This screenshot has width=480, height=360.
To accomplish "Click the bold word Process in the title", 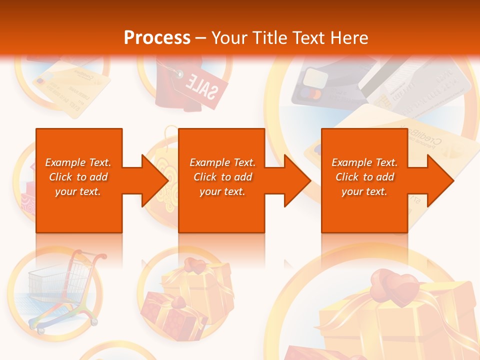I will click(x=157, y=38).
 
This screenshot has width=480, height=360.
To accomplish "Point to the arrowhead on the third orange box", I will click(x=440, y=180).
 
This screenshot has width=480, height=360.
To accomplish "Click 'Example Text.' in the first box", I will click(x=78, y=162).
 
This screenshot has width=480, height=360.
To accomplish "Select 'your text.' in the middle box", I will click(x=222, y=191).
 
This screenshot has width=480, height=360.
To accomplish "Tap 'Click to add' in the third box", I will click(x=364, y=177).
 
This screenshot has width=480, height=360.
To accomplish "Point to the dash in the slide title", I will click(x=201, y=38).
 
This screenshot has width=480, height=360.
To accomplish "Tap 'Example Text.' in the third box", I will click(x=364, y=162).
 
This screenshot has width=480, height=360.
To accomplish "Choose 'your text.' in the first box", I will click(x=78, y=191).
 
